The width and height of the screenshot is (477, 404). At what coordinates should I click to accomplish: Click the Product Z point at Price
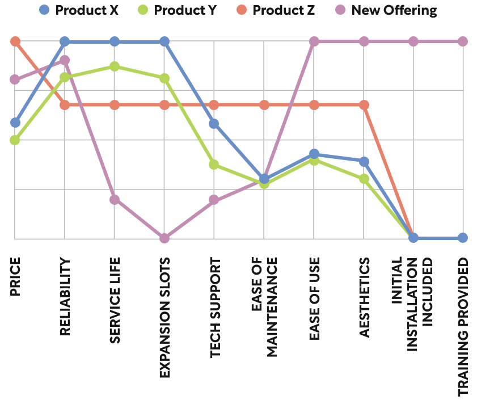[15, 41]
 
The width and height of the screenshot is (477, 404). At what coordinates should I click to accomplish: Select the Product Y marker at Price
[15, 140]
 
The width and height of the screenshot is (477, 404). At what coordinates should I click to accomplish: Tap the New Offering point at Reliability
[65, 60]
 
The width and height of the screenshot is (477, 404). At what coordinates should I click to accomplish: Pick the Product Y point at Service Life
[115, 66]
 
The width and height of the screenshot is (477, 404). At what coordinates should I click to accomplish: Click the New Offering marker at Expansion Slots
[164, 238]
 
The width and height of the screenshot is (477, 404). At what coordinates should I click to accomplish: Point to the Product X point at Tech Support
[214, 124]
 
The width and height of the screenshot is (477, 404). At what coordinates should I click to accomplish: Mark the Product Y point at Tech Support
[214, 165]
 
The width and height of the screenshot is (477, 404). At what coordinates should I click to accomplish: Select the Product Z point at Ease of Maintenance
[264, 105]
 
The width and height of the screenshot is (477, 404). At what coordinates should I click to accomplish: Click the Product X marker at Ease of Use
[314, 154]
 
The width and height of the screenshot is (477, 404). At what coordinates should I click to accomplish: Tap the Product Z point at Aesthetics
[364, 105]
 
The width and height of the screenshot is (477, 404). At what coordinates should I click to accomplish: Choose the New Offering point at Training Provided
[463, 41]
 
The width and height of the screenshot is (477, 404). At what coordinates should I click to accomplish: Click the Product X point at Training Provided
[463, 238]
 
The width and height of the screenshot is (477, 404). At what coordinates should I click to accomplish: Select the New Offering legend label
[394, 10]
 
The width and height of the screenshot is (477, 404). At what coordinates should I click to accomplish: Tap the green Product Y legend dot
[143, 10]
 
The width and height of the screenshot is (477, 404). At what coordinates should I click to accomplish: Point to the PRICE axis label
[15, 277]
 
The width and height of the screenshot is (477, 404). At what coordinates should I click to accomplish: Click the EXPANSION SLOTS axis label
[164, 318]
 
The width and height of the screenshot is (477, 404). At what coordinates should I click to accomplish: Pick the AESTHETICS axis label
[364, 298]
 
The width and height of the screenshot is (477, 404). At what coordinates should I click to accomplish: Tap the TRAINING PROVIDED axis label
[463, 326]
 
